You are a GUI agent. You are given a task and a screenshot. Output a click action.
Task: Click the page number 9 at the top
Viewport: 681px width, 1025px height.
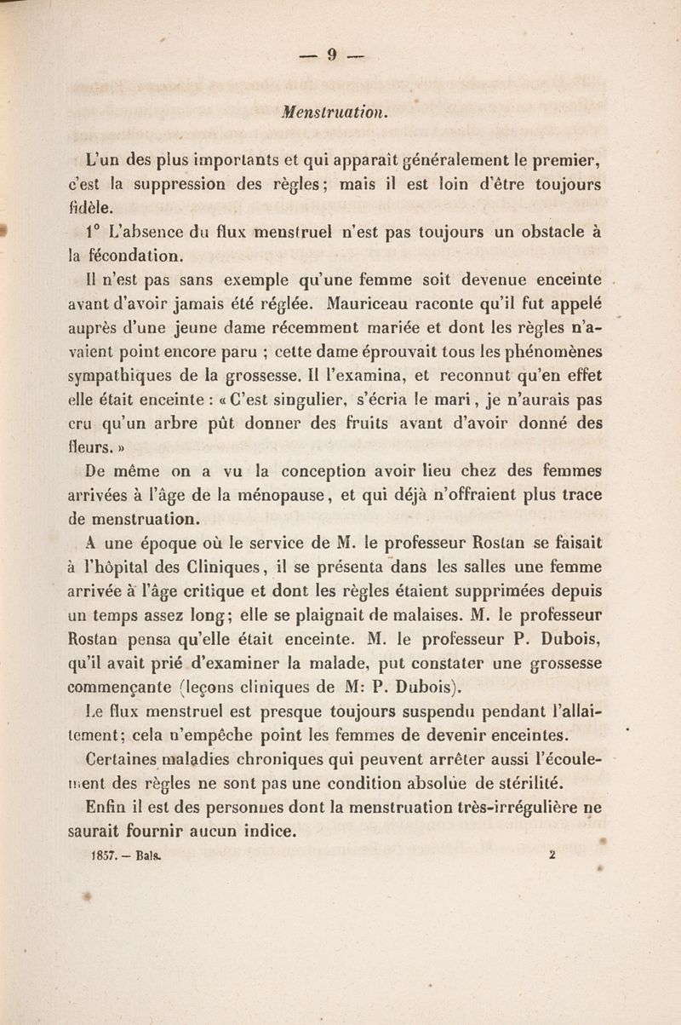332,57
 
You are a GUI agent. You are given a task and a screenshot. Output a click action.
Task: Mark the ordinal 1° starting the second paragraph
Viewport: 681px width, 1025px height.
94,231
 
